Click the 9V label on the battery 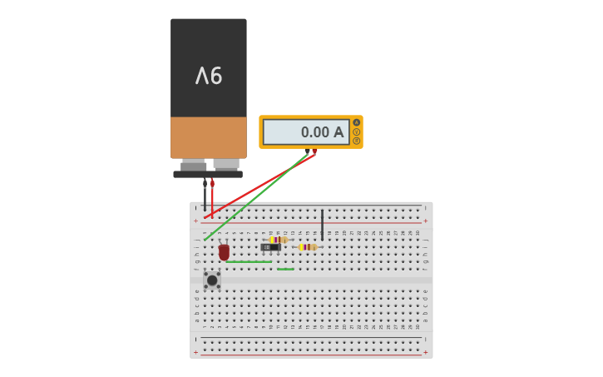209,77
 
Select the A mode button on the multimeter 357,122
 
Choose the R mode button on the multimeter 357,141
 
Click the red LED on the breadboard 224,251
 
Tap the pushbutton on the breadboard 212,280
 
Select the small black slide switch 270,247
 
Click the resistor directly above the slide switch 278,240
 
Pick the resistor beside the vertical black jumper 307,247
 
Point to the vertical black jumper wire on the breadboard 322,225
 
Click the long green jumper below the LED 248,262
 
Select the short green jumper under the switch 285,269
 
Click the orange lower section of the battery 209,137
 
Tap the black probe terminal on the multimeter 307,151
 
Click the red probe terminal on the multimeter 314,151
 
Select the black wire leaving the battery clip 205,196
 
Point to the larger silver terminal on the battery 226,164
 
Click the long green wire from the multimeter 254,196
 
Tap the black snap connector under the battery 208,175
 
